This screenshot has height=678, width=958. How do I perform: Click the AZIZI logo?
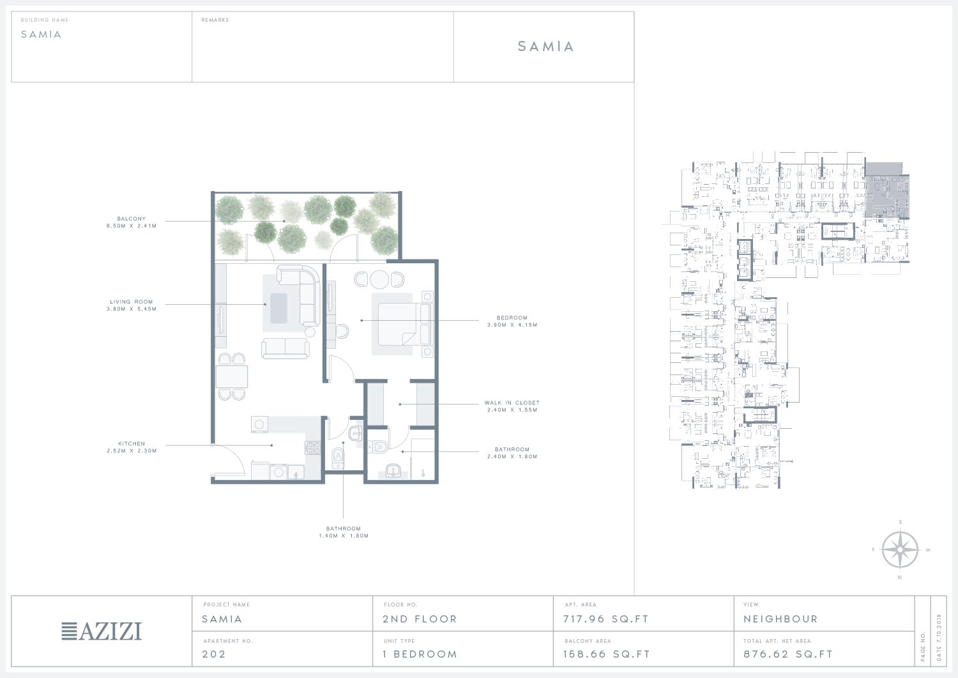[x=102, y=631]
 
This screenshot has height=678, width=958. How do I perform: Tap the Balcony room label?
[x=132, y=222]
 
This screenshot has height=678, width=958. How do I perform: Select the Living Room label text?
[x=132, y=305]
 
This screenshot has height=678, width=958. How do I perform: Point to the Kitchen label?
[x=132, y=447]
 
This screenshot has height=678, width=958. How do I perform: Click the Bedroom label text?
[x=512, y=321]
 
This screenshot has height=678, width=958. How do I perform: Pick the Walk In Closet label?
[x=512, y=406]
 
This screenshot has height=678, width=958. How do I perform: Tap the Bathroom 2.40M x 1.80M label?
[x=512, y=453]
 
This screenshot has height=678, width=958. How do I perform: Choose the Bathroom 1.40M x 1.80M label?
[x=344, y=532]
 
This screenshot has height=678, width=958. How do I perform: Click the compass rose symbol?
[x=900, y=550]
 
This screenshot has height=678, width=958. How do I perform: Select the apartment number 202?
[x=213, y=654]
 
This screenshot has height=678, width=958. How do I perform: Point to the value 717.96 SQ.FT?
[x=605, y=619]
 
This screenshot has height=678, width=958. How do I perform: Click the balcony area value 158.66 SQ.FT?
[x=607, y=654]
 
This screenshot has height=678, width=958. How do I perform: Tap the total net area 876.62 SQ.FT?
[x=787, y=654]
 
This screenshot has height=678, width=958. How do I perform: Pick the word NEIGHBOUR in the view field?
[x=780, y=619]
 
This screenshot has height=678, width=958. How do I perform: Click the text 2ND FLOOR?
[x=420, y=619]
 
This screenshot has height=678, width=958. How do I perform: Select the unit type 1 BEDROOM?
[x=420, y=654]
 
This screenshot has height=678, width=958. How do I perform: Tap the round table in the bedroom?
[x=379, y=279]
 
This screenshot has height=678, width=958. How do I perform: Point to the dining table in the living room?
[x=232, y=376]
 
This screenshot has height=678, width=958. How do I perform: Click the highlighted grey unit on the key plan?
[x=887, y=190]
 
